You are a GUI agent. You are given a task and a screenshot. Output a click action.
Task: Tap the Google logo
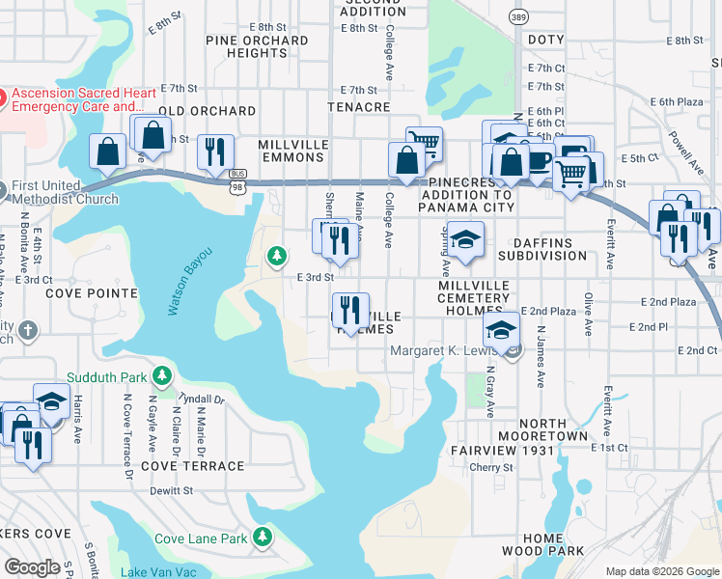pos(33,567)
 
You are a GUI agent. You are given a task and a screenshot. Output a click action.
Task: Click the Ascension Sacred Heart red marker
pos(4,96)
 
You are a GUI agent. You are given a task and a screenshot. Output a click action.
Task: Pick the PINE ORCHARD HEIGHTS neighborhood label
pos(257,46)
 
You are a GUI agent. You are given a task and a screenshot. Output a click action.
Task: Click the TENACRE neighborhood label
pos(358,107)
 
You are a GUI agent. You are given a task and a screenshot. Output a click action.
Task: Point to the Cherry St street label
pos(490,467)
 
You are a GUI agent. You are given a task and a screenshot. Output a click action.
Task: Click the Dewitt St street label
pos(172,490)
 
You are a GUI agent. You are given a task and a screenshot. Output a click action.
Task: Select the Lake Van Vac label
pos(159,572)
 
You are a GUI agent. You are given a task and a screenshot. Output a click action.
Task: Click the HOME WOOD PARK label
pos(542,544)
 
